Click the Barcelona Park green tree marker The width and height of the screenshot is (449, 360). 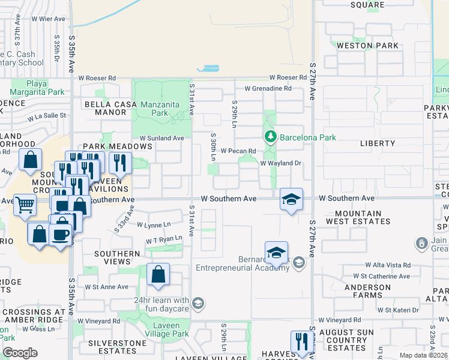click(271, 137)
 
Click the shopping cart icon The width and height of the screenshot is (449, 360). click(25, 205)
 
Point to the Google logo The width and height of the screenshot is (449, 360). click(20, 353)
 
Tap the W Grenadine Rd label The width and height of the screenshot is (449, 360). click(268, 88)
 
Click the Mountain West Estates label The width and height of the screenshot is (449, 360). click(358, 217)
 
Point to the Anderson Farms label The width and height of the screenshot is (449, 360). click(367, 290)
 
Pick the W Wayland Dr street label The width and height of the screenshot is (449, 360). click(280, 163)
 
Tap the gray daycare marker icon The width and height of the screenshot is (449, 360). click(198, 304)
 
